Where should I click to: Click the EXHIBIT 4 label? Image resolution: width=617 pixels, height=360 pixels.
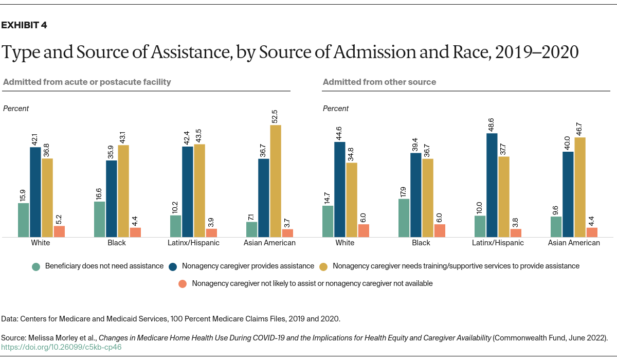[x=25, y=25]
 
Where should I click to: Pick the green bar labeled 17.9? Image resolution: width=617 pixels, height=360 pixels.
[x=404, y=218]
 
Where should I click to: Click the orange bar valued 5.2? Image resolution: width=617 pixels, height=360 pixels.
[x=60, y=231]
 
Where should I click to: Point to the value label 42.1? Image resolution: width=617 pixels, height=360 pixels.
[x=35, y=139]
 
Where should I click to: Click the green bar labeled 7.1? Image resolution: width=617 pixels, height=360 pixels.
[x=251, y=229]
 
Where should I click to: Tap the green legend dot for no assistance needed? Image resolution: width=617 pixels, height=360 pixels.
[x=35, y=266]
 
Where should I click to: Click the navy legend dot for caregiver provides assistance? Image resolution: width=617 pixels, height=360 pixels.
[x=173, y=266]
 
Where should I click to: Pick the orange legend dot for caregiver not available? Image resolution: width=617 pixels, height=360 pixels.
[x=182, y=283]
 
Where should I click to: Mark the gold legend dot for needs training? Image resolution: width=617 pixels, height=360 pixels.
[x=323, y=266]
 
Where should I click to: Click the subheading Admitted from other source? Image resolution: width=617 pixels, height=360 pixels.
[x=379, y=82]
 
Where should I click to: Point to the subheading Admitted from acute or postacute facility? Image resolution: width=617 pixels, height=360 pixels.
[x=87, y=82]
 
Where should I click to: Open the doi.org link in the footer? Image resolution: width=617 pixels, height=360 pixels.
[x=62, y=347]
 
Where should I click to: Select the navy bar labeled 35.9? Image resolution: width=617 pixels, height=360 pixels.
[x=112, y=199]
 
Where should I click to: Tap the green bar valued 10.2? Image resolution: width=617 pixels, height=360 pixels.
[x=175, y=226]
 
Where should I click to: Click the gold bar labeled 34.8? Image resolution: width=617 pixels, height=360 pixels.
[x=352, y=200]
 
